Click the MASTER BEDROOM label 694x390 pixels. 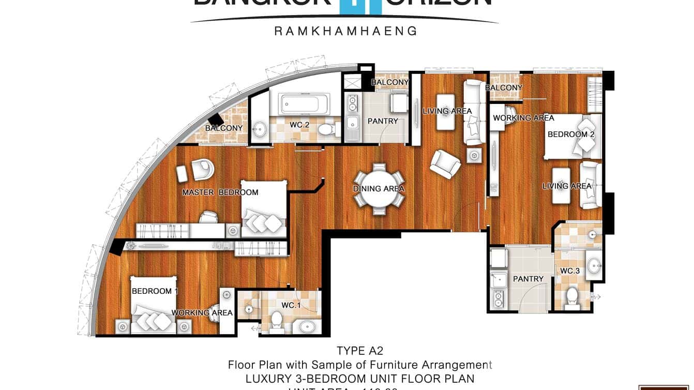(x=220, y=192)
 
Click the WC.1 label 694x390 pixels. (x=291, y=305)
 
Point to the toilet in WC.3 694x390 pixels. (x=572, y=296)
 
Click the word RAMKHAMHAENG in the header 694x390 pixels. (x=345, y=31)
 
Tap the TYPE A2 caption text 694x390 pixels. (x=360, y=351)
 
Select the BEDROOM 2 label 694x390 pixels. (x=571, y=134)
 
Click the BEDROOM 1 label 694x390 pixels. (x=155, y=291)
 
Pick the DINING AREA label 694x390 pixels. (x=379, y=189)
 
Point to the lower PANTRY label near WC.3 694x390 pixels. (x=528, y=279)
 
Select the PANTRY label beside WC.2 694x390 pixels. (x=383, y=121)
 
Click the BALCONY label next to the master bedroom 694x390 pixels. (x=224, y=128)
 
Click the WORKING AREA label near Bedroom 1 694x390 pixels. (x=202, y=312)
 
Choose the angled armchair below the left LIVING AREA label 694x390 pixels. (x=445, y=164)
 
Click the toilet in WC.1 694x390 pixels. (x=277, y=321)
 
